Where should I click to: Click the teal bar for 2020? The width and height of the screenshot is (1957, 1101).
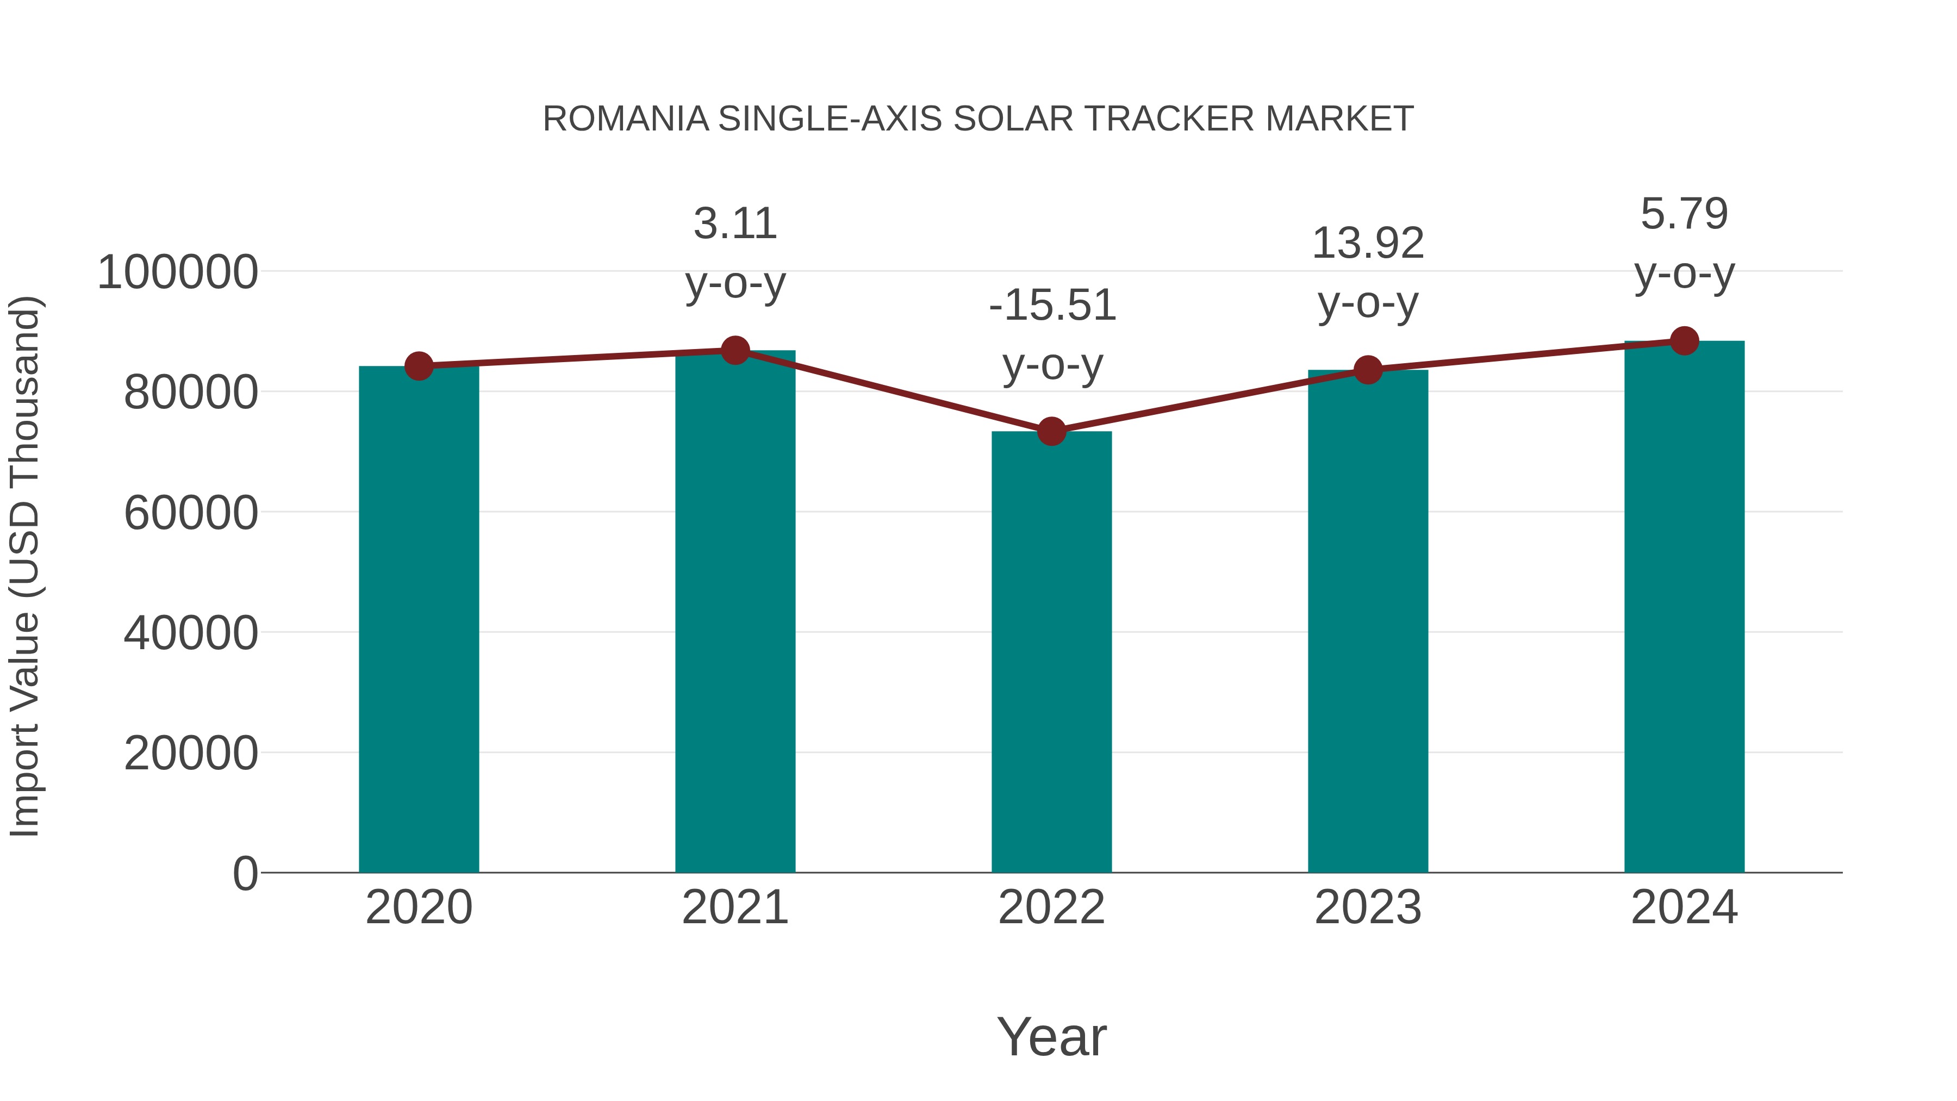[x=419, y=619]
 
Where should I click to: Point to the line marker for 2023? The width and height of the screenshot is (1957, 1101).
[x=1368, y=370]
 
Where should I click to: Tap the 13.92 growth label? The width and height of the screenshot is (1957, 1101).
[x=1368, y=244]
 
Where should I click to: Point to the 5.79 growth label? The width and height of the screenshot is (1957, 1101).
[x=1684, y=214]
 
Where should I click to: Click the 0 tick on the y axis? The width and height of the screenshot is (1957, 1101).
[x=245, y=873]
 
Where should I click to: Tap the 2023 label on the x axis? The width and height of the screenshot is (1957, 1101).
[x=1368, y=907]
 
